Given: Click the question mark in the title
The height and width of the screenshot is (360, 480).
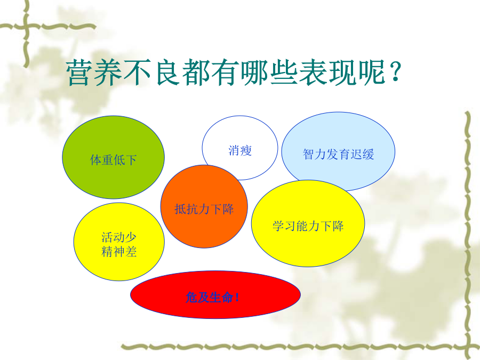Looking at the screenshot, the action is (x=395, y=71).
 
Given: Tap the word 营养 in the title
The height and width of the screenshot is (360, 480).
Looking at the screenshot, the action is (x=94, y=73).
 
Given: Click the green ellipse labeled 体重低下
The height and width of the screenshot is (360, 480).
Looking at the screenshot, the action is (x=113, y=157).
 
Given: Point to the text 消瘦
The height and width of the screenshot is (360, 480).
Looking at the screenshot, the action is (x=240, y=150).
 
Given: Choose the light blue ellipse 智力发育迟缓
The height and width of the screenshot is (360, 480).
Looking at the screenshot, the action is (x=338, y=151).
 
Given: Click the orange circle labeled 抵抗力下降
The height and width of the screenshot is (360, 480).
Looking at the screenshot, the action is (x=204, y=206).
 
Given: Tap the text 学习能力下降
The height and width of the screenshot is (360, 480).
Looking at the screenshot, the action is (x=308, y=226).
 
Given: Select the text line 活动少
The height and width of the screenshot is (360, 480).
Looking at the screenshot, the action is (x=119, y=237).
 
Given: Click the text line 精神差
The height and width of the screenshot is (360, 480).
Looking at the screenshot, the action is (x=119, y=252).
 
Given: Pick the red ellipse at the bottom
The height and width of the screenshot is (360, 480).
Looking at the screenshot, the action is (x=215, y=294).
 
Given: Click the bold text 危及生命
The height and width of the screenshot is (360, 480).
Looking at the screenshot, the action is (x=209, y=297).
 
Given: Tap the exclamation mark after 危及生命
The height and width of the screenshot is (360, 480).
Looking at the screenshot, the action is (x=237, y=298).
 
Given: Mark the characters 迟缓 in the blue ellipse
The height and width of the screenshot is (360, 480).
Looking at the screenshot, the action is (x=362, y=154).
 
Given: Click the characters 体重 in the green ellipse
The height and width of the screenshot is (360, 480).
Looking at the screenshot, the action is (x=102, y=160).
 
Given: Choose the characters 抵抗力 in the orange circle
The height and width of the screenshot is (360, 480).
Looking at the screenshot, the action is (x=192, y=209).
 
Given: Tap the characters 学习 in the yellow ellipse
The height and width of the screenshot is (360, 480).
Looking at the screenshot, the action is (x=284, y=226).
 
